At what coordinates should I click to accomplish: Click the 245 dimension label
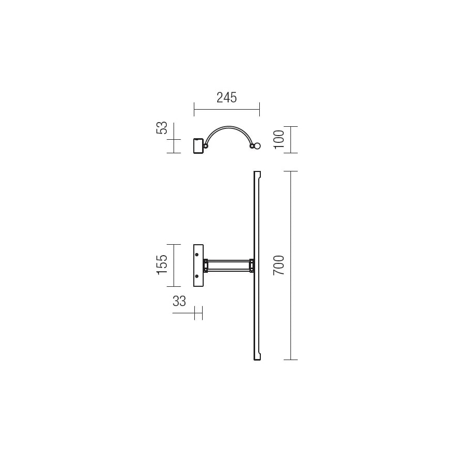pos(227,98)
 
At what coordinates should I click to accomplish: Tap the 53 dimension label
pos(162,128)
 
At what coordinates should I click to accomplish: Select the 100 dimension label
pos(278,139)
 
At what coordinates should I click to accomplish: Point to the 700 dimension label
pos(278,265)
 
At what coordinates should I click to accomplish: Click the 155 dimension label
pos(162,264)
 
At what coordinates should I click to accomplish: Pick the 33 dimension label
pos(179,301)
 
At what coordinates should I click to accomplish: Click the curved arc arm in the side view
pos(229,127)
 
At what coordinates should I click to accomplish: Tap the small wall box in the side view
pos(198,146)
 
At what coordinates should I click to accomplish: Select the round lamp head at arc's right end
pos(257,146)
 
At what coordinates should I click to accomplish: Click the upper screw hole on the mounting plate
pos(197,255)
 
